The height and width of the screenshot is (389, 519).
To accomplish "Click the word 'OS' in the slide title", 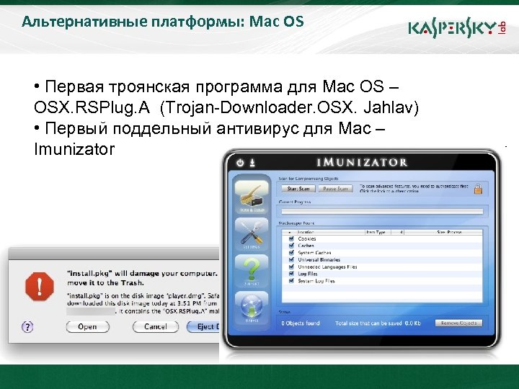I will pos(293,22).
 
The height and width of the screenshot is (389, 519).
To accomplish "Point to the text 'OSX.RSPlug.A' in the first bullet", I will pos(93,108).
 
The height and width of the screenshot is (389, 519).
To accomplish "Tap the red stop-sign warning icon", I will pos(39,287).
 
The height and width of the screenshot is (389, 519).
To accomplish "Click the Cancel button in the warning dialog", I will pos(155,326).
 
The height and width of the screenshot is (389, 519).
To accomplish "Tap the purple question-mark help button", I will pos(28,326).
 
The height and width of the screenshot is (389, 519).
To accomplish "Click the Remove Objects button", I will pos(459,323).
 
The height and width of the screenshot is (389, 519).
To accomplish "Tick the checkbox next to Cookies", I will pos(291,239).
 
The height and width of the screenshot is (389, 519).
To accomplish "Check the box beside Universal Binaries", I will pos(291,260).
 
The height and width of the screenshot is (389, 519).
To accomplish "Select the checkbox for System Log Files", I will pos(291,281).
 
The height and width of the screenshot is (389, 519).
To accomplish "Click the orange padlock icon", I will pos(477,189).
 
